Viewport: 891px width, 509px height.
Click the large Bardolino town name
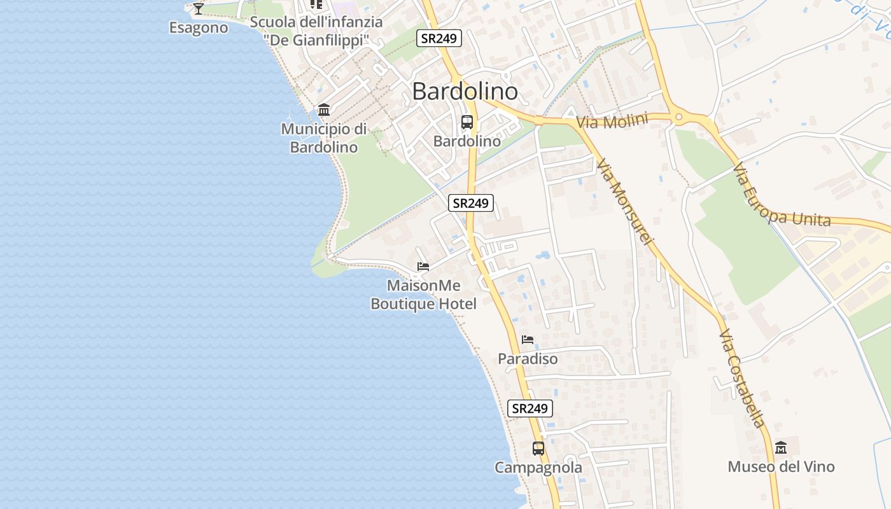coord(465,92)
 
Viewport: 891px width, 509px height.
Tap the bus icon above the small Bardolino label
coord(467,122)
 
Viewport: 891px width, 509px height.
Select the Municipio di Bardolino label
coord(324,138)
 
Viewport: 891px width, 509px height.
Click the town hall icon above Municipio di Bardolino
coord(324,110)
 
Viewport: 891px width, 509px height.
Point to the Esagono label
coord(199,28)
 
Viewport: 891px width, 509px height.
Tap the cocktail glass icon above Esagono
coord(199,8)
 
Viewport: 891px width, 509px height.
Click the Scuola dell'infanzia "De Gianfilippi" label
coord(316,31)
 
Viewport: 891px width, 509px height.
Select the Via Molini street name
coord(612,121)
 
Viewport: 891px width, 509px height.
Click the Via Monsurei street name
coord(625,202)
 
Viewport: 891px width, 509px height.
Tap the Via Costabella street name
coord(741,378)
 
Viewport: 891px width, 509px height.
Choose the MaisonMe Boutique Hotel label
coord(423,295)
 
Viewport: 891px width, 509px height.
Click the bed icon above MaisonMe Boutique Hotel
coord(423,266)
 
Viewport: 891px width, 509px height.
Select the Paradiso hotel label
coord(528,359)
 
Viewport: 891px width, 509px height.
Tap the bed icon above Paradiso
coord(528,339)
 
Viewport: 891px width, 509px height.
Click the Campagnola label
coord(538,468)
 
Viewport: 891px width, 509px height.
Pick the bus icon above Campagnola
coord(538,448)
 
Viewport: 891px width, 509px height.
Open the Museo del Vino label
coord(781,467)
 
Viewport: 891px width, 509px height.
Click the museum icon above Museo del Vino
coord(781,447)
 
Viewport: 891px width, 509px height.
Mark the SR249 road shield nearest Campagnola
coord(530,408)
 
